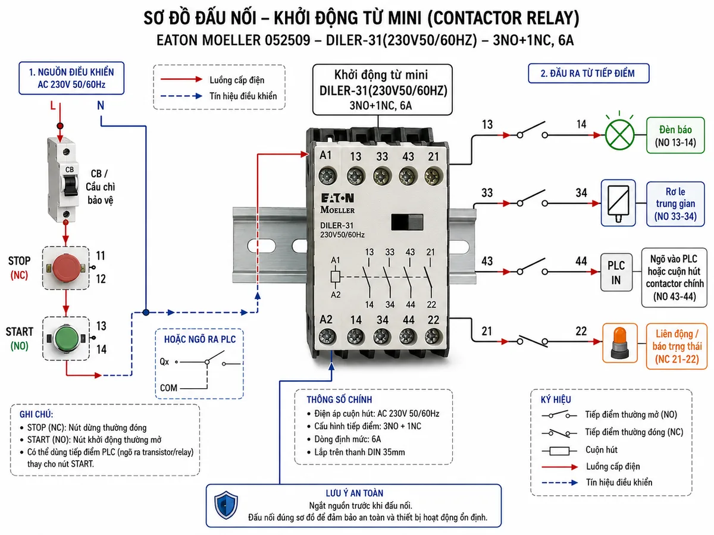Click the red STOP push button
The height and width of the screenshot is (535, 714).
[66, 267]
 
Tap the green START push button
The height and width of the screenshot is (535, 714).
[67, 338]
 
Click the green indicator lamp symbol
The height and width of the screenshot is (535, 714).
[619, 135]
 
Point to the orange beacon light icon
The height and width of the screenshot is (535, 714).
[619, 343]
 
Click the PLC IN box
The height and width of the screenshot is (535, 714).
[616, 272]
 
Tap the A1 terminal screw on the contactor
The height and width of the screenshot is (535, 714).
[328, 177]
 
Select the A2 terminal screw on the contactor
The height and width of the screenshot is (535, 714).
[327, 336]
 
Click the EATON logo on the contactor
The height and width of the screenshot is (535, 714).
[337, 198]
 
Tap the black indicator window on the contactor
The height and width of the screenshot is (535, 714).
[407, 222]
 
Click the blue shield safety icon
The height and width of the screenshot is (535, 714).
[226, 505]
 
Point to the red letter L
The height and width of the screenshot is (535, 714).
[53, 106]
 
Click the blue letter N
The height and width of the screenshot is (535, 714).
[101, 105]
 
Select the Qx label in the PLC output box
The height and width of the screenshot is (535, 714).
[164, 361]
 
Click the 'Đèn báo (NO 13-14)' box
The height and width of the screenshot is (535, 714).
[675, 135]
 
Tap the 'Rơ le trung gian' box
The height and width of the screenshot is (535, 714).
[675, 204]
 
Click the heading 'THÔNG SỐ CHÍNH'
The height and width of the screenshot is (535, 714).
[339, 399]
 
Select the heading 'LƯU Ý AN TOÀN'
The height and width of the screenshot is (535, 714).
[355, 493]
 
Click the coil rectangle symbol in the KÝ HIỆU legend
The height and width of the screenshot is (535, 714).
[559, 451]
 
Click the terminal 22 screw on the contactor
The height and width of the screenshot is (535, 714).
[433, 336]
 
